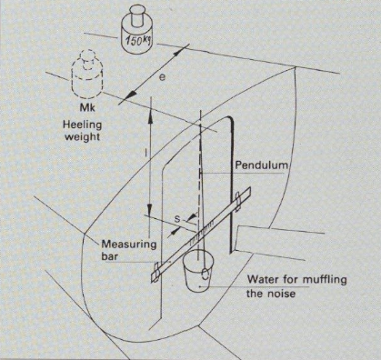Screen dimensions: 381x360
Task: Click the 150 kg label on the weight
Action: coord(138,40)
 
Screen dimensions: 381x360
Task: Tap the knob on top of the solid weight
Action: coord(139,15)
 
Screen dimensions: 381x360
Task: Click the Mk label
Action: coord(86,107)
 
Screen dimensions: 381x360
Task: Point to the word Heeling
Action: coord(82,125)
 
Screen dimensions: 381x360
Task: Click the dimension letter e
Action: coord(163,77)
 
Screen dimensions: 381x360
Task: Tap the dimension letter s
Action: coord(177,218)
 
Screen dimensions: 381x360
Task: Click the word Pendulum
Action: coord(262,165)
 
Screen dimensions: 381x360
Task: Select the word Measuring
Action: coord(129,245)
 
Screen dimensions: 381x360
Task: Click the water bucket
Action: coord(198,270)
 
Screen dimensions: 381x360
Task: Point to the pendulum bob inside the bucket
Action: coord(205,274)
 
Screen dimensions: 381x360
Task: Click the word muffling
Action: coord(325,279)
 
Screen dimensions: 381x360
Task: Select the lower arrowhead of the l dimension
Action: coord(150,210)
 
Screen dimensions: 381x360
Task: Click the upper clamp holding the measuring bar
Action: coord(238,199)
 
